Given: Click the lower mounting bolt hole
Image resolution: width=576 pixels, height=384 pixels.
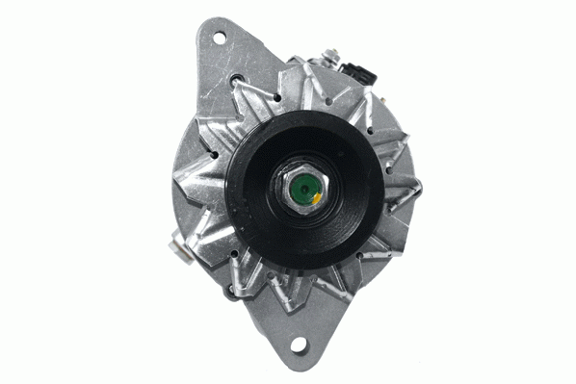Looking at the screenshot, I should pyautogui.click(x=299, y=344).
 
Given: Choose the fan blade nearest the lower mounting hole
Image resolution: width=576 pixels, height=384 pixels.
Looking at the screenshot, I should pyautogui.click(x=289, y=289).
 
